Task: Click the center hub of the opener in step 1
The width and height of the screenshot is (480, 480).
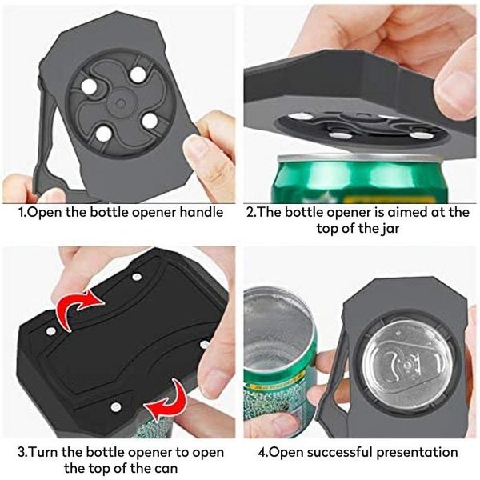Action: pyautogui.click(x=120, y=102)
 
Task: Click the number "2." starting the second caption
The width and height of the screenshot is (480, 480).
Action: pyautogui.click(x=250, y=214)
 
